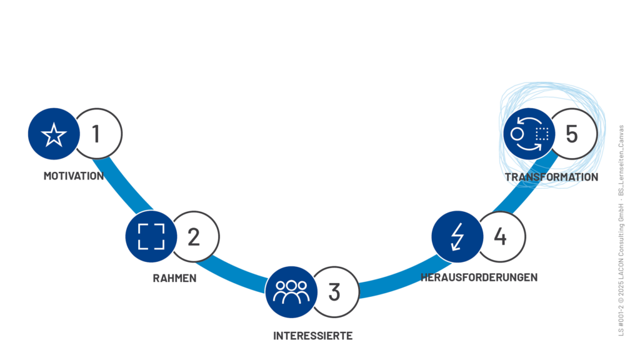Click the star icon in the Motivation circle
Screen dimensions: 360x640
[54, 134]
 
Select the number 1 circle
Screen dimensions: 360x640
[97, 134]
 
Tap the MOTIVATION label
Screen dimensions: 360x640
[74, 176]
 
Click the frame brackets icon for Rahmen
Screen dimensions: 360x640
[151, 236]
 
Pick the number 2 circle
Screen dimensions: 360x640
[194, 237]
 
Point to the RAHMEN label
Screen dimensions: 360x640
[174, 278]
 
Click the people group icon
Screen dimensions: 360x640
[291, 291]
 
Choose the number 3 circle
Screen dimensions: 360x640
[335, 292]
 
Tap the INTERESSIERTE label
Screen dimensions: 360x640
[312, 336]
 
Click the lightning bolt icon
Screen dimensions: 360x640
[457, 236]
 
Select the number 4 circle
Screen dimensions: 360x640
[501, 237]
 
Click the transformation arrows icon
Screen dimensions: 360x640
[529, 134]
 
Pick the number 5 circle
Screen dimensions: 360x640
[572, 134]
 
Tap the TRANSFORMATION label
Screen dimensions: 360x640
[551, 177]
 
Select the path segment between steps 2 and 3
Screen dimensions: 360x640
[237, 272]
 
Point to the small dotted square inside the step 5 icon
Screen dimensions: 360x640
[542, 134]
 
